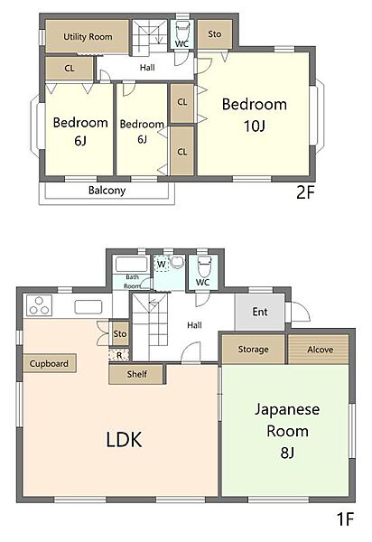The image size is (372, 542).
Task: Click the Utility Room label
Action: tap(88, 37)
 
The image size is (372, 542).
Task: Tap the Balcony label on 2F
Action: tap(107, 191)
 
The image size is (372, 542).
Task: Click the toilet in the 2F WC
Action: tap(182, 32)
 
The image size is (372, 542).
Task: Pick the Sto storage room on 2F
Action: tap(215, 34)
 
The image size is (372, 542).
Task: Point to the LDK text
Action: tap(124, 440)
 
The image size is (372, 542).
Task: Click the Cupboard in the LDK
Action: tap(50, 363)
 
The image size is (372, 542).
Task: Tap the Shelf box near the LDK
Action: tap(136, 374)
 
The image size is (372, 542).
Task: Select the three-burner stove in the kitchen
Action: tap(39, 305)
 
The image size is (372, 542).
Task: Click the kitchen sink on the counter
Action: tap(88, 307)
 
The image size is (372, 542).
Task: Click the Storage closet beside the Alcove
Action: tap(253, 349)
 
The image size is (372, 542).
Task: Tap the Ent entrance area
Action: tap(260, 312)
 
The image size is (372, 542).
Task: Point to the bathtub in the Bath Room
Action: tap(132, 265)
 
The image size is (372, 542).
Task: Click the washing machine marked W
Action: tap(161, 264)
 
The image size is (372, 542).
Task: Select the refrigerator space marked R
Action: tap(119, 355)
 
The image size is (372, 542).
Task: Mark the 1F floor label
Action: tap(345, 519)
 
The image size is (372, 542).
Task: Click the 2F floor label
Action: tap(305, 192)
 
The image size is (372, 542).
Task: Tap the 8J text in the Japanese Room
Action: tap(287, 453)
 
